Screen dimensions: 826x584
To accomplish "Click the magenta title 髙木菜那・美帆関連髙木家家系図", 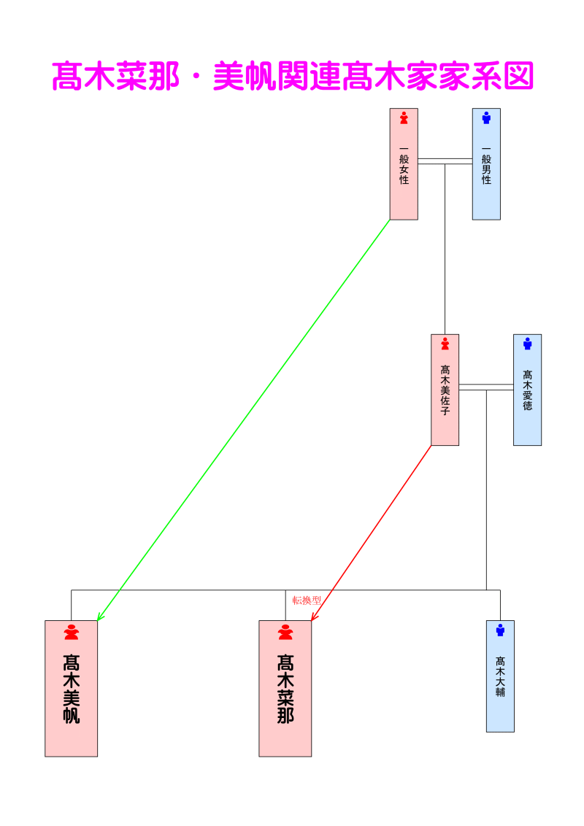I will click(x=292, y=76).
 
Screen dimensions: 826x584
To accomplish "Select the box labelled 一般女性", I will click(x=404, y=175).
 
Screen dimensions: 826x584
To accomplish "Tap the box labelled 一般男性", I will click(x=486, y=175).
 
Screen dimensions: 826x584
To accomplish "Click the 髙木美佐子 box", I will click(x=445, y=398).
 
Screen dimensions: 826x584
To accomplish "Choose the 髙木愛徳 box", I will click(x=527, y=398).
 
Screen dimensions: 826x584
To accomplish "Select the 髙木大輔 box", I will click(x=500, y=682).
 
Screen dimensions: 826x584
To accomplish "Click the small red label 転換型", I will click(x=307, y=601).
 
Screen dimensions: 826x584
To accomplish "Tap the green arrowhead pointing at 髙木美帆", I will click(x=100, y=617).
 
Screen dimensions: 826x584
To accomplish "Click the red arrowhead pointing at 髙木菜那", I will click(x=314, y=617).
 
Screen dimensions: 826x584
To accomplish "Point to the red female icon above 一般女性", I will click(x=404, y=117).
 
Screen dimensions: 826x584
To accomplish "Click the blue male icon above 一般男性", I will click(x=486, y=117).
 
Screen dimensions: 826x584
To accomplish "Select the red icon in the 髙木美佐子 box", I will click(x=445, y=343).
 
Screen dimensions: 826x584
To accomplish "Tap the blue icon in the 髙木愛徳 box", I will click(x=527, y=343).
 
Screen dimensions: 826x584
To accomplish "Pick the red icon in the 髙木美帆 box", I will click(x=71, y=632).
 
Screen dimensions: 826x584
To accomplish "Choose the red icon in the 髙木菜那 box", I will click(x=285, y=632).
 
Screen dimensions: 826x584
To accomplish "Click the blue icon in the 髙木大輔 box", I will click(x=500, y=630).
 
